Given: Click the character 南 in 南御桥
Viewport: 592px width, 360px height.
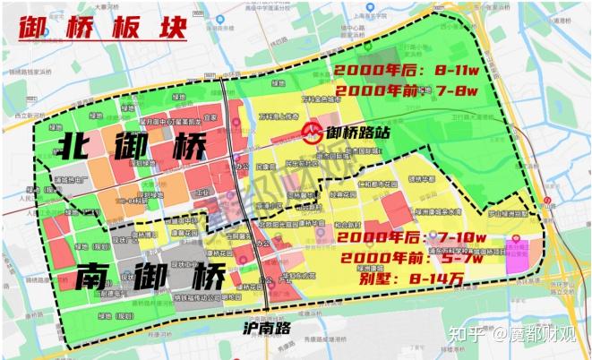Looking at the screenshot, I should coord(92,276).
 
